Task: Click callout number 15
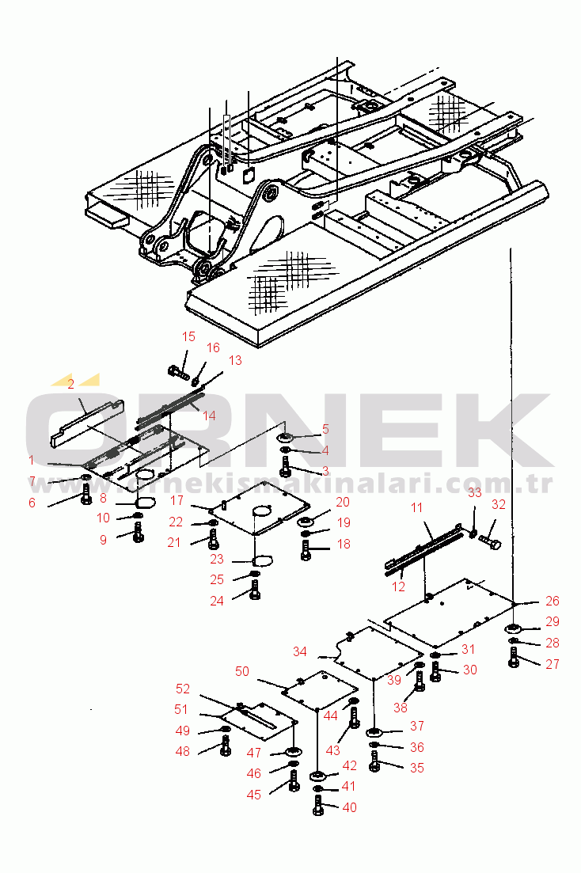(x=188, y=337)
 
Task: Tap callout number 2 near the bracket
(x=70, y=384)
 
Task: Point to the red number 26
(x=553, y=602)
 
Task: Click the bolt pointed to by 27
(x=513, y=657)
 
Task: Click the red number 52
(x=183, y=689)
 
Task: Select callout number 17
(x=177, y=501)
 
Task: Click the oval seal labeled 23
(x=261, y=560)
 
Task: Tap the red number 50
(x=242, y=671)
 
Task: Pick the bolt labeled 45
(x=294, y=782)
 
